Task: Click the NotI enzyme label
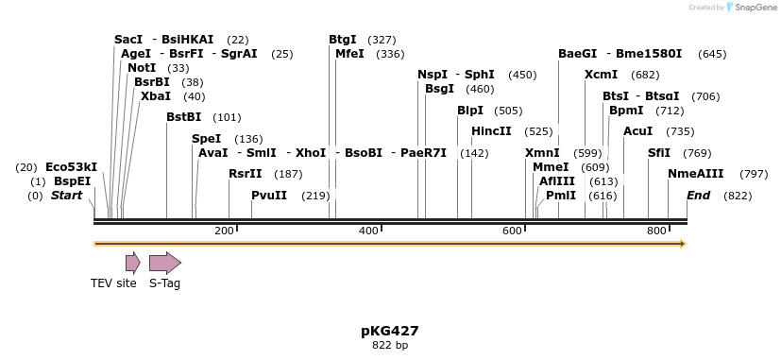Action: [x=142, y=68]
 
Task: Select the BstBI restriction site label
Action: [x=184, y=117]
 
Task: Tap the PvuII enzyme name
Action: [x=269, y=196]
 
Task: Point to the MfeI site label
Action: [x=349, y=54]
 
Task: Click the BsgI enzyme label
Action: [x=439, y=89]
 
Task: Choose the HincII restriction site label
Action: [x=491, y=131]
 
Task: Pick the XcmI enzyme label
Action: [x=601, y=75]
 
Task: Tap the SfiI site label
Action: [x=659, y=153]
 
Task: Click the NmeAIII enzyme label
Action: [x=696, y=174]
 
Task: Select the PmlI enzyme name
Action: [x=561, y=196]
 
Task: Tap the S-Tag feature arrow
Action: [x=165, y=263]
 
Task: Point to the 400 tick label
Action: [x=368, y=231]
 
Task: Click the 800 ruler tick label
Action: [x=656, y=231]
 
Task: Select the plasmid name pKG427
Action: [x=390, y=331]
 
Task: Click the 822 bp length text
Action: [x=390, y=346]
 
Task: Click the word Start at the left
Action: [x=67, y=196]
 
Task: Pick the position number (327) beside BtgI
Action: [x=382, y=40]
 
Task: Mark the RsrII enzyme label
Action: [x=246, y=174]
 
